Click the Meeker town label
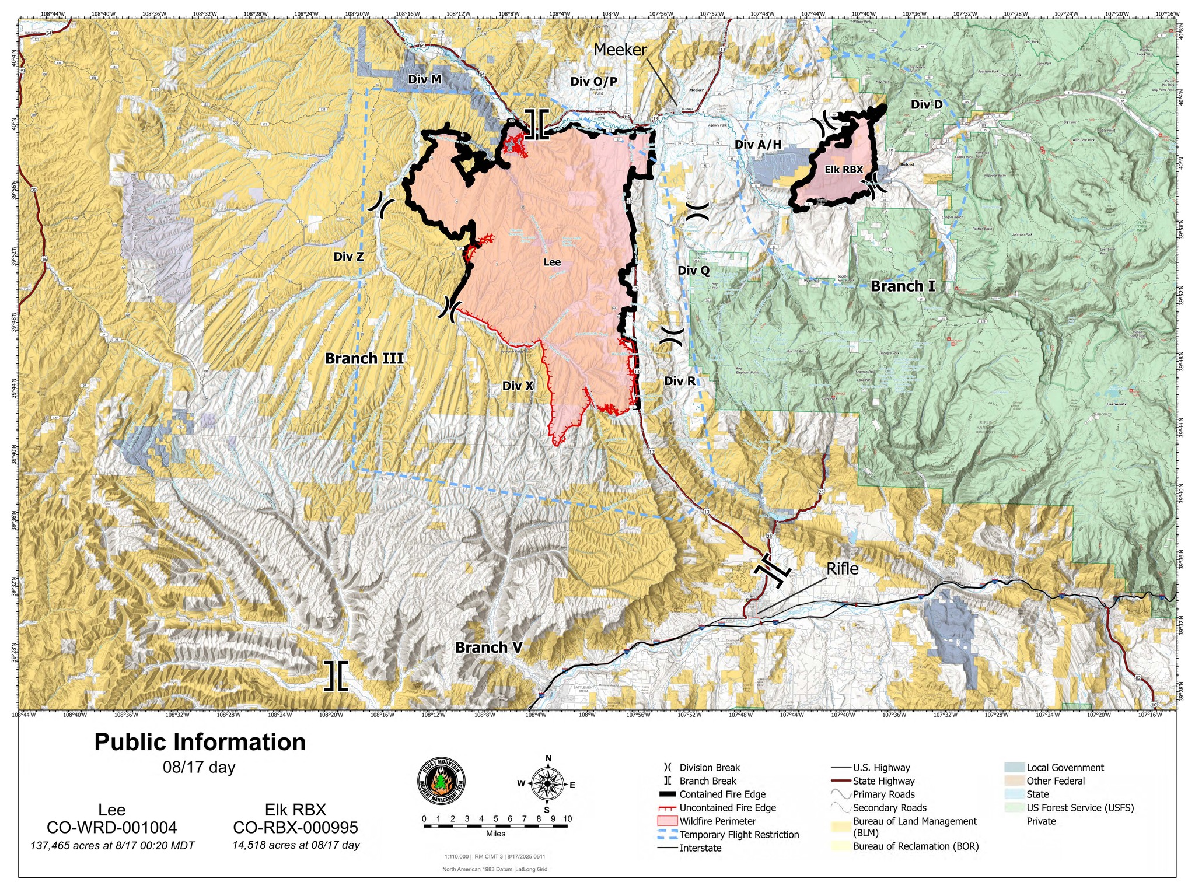pos(620,50)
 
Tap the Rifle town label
pos(842,569)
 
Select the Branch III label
pos(364,358)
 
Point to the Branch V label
pos(488,647)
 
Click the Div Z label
pos(348,256)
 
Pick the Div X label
pos(518,386)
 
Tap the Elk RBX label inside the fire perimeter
pos(843,170)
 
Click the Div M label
pos(424,79)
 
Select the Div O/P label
pos(593,81)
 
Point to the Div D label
pos(927,104)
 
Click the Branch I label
pos(903,286)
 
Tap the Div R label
pos(679,381)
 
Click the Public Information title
pos(200,742)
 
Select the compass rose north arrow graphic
pos(547,784)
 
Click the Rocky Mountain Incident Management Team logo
pos(442,785)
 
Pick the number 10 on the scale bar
pos(567,818)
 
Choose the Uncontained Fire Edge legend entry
pos(727,808)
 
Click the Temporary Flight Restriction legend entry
pos(739,835)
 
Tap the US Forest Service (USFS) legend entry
pos(1079,808)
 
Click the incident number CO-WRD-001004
pos(111,828)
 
